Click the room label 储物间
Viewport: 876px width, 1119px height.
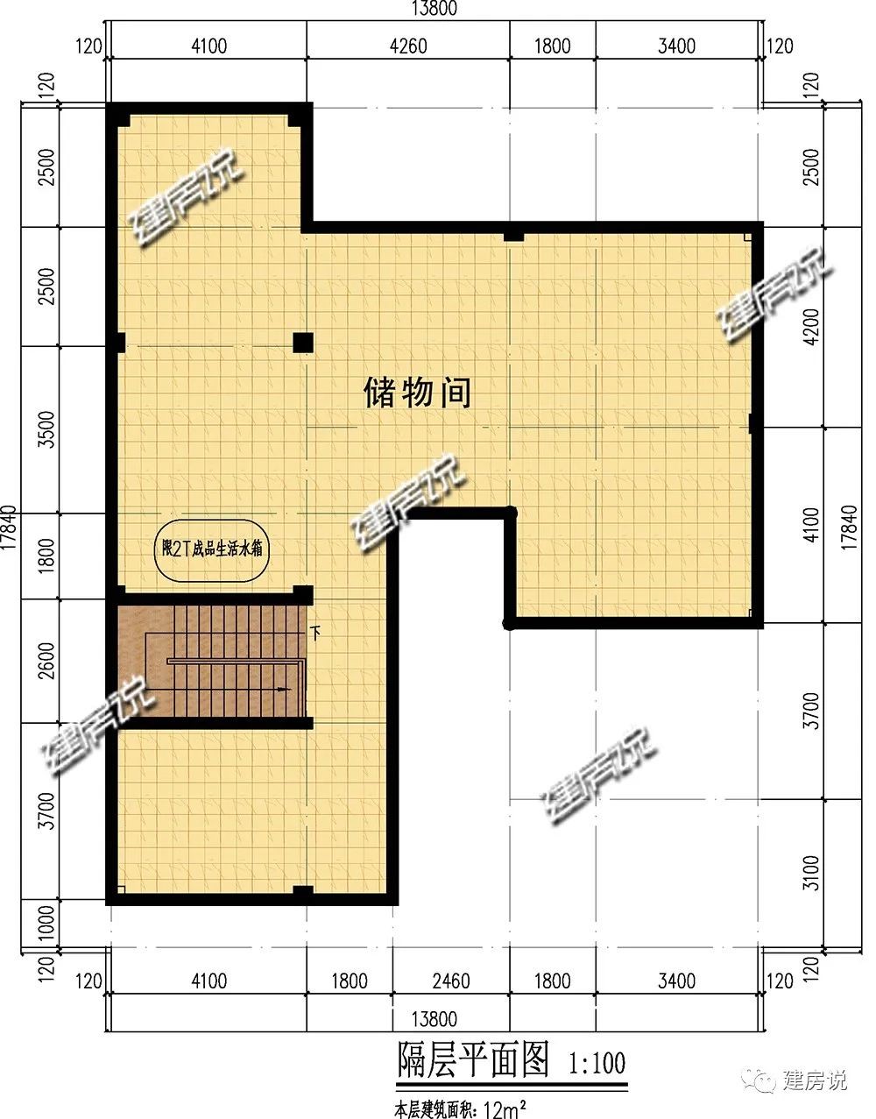417,393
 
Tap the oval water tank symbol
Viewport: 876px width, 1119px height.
211,551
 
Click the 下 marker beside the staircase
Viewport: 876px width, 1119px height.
315,633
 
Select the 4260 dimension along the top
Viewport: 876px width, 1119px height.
408,46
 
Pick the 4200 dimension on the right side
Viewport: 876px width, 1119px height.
812,327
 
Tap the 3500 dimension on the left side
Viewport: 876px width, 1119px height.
47,429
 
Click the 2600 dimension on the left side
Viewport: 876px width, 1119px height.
47,661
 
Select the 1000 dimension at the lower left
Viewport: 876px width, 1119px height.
47,924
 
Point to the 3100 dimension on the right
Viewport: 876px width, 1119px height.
812,873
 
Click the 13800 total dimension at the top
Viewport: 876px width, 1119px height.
434,9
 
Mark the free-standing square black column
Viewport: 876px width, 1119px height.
303,343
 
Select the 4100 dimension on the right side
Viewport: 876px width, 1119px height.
812,524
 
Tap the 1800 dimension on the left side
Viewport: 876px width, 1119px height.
47,556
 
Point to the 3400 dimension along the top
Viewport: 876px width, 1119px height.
676,46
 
